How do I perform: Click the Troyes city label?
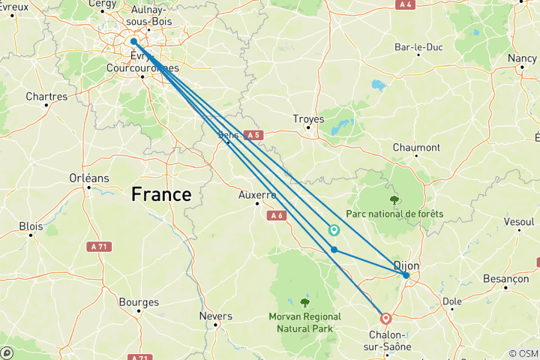[x=308, y=118]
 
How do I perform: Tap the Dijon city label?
[x=406, y=265]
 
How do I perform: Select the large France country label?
[x=161, y=194]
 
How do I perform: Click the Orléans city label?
[x=89, y=178]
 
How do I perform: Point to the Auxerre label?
[x=256, y=193]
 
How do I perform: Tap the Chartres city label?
[x=46, y=96]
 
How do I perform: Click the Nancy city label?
[x=522, y=58]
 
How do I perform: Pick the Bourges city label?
[x=139, y=302]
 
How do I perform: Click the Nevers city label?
[x=215, y=316]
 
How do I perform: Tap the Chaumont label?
[x=416, y=148]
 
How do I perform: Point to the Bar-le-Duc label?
[x=419, y=47]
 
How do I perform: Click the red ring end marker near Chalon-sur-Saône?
[x=385, y=318]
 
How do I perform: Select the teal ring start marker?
[x=334, y=230]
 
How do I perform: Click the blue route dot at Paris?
[x=133, y=42]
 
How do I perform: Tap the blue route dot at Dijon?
[x=406, y=275]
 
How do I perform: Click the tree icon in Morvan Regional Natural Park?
[x=305, y=302]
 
